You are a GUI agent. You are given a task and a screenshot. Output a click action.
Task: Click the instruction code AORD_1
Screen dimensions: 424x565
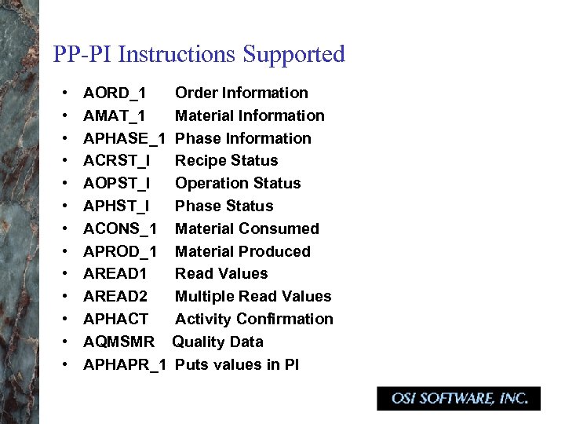coord(114,93)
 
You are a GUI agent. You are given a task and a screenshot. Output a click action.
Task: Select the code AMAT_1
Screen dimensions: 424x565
coord(114,116)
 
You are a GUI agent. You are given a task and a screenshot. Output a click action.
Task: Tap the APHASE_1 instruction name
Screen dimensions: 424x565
coord(124,139)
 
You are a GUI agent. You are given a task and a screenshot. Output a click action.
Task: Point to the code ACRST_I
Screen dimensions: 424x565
coord(115,161)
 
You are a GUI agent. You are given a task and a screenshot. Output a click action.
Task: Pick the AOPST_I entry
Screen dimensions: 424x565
coord(115,184)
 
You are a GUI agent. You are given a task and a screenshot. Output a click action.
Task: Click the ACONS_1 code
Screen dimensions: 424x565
coord(120,229)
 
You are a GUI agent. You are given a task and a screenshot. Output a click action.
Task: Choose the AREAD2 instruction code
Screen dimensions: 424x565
coord(115,297)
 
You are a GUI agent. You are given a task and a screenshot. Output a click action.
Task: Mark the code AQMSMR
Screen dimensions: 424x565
coord(118,342)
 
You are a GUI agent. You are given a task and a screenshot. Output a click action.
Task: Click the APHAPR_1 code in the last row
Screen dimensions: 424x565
coord(124,365)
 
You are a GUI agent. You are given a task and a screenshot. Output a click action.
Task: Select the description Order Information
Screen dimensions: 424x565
coord(242,93)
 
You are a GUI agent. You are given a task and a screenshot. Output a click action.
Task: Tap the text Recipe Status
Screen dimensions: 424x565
coord(227,161)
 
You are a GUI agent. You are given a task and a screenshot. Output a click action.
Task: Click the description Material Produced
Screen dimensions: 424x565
coord(242,252)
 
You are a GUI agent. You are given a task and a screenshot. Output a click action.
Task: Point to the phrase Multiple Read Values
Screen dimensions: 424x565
coord(253,297)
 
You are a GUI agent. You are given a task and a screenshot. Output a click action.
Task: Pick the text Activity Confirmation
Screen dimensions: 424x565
coord(254,320)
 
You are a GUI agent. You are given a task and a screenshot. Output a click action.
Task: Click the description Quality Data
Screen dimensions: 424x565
coord(218,342)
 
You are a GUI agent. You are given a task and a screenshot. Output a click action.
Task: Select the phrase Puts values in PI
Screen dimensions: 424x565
coord(237,365)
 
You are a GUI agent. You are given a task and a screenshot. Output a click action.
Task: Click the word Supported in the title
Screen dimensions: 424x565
coord(294,55)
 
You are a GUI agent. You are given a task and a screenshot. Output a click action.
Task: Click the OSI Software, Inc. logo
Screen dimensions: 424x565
coord(459,398)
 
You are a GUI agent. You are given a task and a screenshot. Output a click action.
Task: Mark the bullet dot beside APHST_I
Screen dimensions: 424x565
coord(64,207)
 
